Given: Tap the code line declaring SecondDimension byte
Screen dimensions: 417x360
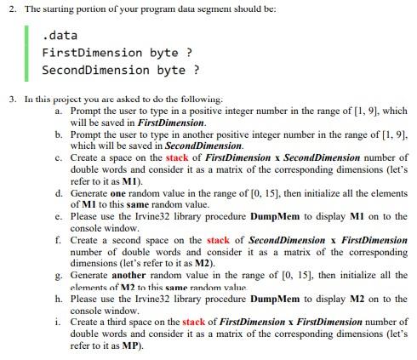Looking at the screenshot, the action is click(120, 69).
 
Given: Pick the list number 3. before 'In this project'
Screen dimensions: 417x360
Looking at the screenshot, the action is click(13, 99).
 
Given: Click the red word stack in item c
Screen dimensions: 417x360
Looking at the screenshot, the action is click(177, 157).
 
